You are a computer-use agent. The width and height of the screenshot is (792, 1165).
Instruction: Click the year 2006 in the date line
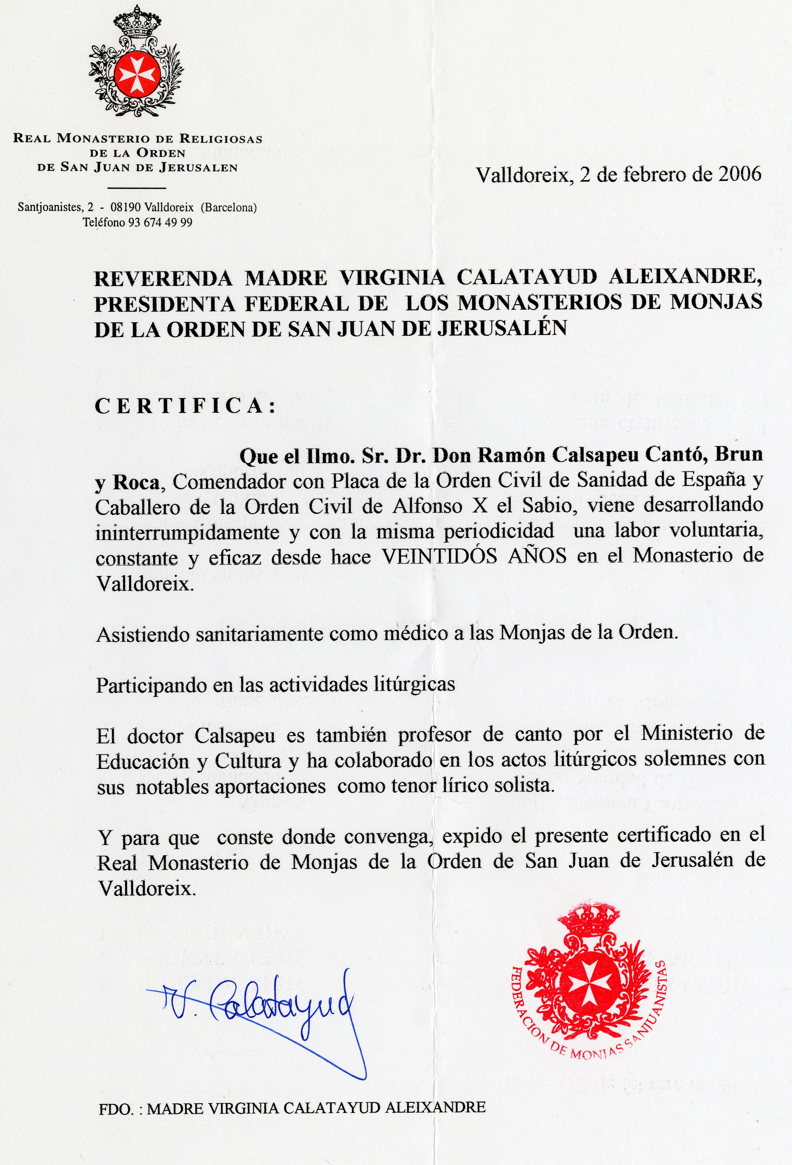[739, 174]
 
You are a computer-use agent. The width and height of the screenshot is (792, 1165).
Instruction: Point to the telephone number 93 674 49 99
[160, 223]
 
